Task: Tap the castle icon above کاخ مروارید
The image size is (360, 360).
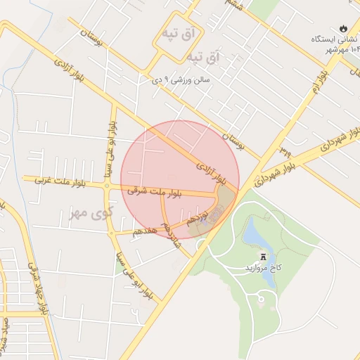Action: coord(263,257)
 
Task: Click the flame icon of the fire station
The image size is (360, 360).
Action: coord(342,29)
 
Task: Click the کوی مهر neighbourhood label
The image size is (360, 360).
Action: coord(89,212)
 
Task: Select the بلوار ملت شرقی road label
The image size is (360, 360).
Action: coord(155,191)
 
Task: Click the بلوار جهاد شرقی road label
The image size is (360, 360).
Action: coord(38,288)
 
